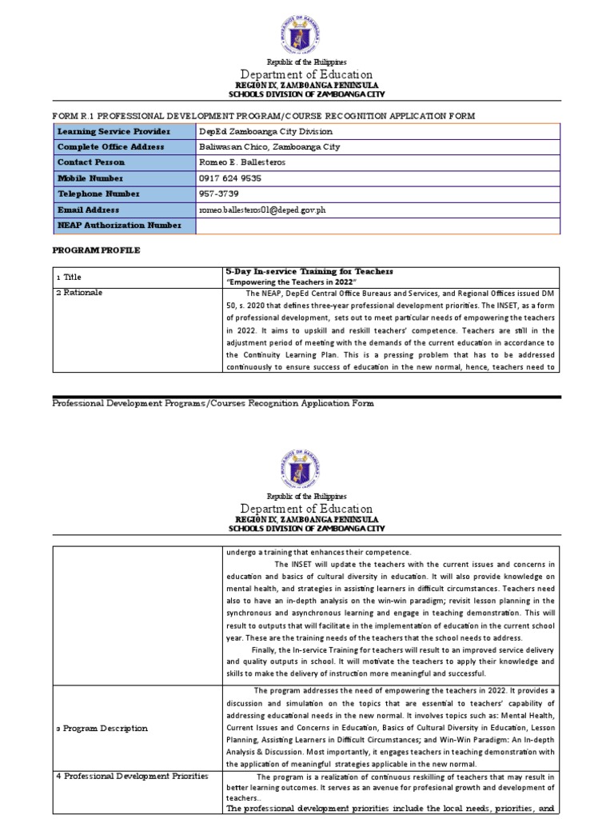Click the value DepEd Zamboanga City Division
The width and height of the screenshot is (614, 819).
pos(265,131)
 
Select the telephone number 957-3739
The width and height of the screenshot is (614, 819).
pos(218,194)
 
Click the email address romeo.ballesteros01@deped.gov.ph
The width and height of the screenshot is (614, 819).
pos(263,210)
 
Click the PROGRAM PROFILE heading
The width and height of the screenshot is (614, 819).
pos(97,250)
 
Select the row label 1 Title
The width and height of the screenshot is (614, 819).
pos(69,276)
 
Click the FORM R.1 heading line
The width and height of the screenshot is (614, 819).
pos(264,116)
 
